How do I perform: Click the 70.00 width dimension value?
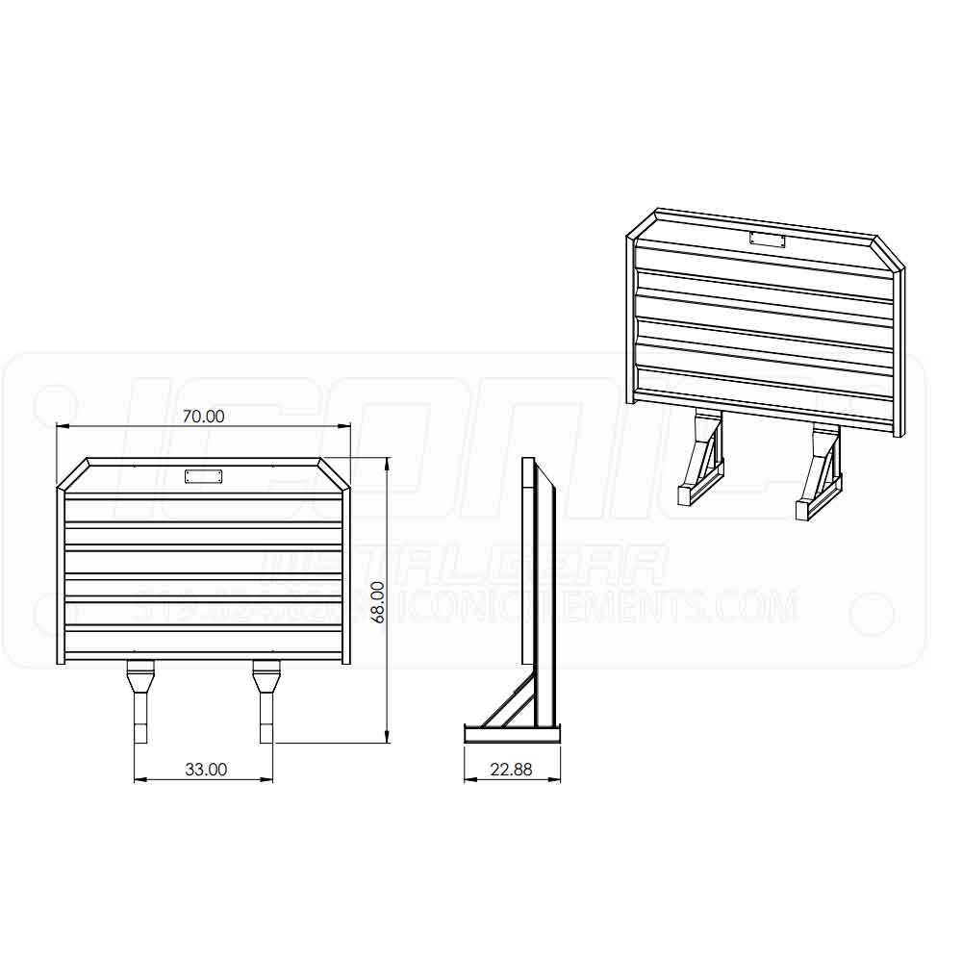click(203, 416)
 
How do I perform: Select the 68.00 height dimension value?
click(378, 601)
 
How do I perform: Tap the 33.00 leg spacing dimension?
click(205, 769)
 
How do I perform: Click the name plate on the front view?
click(204, 475)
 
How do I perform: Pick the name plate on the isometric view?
click(768, 240)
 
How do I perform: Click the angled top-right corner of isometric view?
click(890, 254)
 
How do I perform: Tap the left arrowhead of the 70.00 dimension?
click(62, 426)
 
